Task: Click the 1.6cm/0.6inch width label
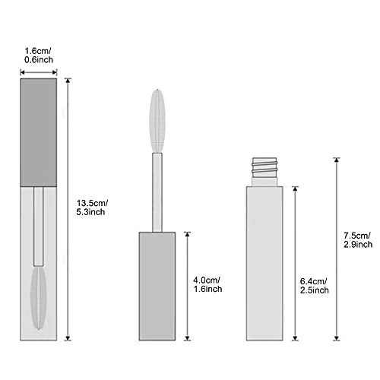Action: [x=39, y=55]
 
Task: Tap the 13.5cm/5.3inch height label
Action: [x=92, y=207]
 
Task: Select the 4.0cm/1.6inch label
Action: [x=207, y=284]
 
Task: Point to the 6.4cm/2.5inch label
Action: [x=315, y=286]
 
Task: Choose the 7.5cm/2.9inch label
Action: [x=358, y=240]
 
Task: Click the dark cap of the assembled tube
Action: [x=39, y=132]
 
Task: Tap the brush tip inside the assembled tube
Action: [x=39, y=298]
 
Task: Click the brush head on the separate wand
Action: [x=157, y=121]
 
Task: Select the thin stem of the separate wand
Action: [x=157, y=192]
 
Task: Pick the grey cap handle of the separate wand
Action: [x=157, y=287]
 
